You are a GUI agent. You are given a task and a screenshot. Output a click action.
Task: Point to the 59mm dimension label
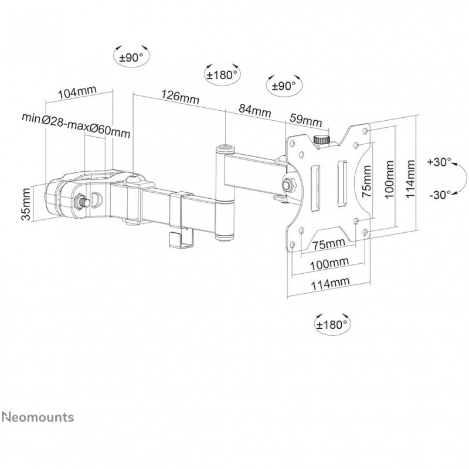coord(307,121)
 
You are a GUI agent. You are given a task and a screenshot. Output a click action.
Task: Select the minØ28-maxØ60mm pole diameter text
coord(76,118)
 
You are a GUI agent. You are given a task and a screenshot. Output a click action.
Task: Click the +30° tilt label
coord(439,162)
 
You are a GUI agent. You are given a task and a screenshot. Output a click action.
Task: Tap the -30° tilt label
coord(439,194)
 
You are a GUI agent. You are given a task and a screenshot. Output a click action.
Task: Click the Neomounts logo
coord(37,417)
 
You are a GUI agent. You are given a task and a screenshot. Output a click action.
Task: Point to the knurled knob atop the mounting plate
coord(321,140)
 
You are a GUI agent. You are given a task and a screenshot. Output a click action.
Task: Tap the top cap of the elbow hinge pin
coord(224,147)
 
